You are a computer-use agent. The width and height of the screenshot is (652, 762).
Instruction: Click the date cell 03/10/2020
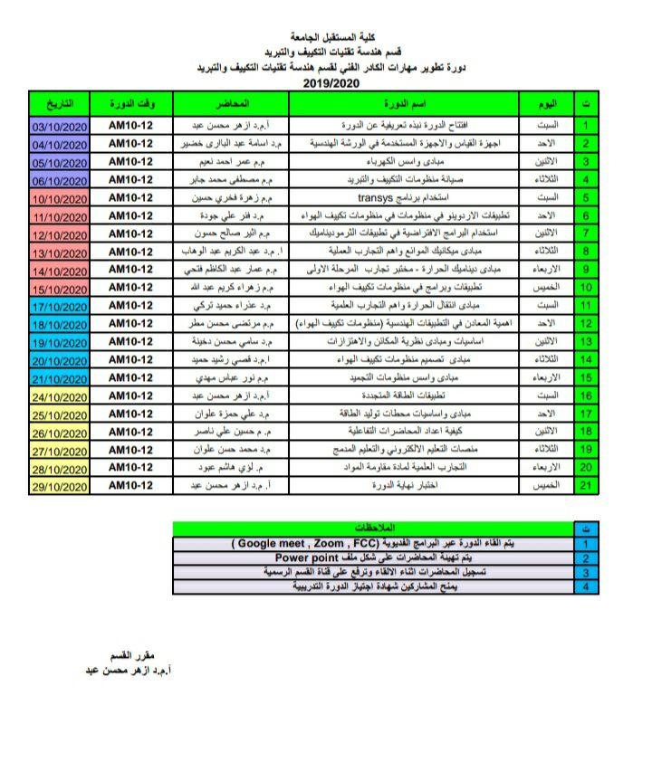(x=58, y=126)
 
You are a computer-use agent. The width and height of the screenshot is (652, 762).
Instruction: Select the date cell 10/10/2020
(x=58, y=197)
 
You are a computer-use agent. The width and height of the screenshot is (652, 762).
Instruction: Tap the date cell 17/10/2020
(x=58, y=305)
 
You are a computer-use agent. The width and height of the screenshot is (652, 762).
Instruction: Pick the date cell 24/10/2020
(x=58, y=395)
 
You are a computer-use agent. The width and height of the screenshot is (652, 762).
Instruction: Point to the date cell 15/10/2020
(x=58, y=287)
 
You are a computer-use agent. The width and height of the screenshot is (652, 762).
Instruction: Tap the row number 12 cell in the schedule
(x=587, y=323)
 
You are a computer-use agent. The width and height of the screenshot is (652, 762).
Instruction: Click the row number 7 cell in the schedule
(x=587, y=233)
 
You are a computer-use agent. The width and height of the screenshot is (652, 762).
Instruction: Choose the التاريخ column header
(x=58, y=101)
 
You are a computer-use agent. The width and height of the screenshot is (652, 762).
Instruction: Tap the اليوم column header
(x=547, y=101)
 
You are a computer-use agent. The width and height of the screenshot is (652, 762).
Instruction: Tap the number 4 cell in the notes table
(x=587, y=587)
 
